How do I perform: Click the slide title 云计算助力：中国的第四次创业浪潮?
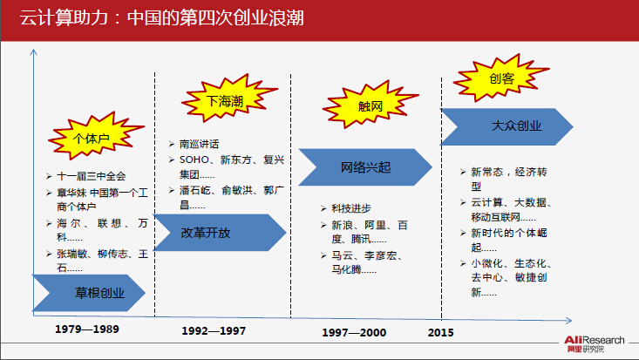pos(162,18)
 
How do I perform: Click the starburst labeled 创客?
pos(500,78)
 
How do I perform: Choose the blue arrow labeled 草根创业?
pos(89,293)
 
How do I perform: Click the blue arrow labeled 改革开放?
pos(220,233)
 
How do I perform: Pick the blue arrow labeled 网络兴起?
pos(365,167)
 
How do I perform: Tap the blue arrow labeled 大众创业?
pos(506,126)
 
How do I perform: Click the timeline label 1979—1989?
pos(87,329)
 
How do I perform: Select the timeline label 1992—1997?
pos(214,330)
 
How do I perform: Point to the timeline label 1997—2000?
pos(354,333)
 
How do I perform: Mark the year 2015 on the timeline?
pos(440,333)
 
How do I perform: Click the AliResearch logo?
pos(595,343)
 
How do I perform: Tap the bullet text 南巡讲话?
pos(200,144)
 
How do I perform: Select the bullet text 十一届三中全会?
pos(92,176)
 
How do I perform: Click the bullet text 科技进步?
pos(351,208)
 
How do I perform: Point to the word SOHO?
pos(194,160)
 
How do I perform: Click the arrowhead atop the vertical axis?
pos(33,51)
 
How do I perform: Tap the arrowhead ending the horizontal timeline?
pos(569,321)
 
